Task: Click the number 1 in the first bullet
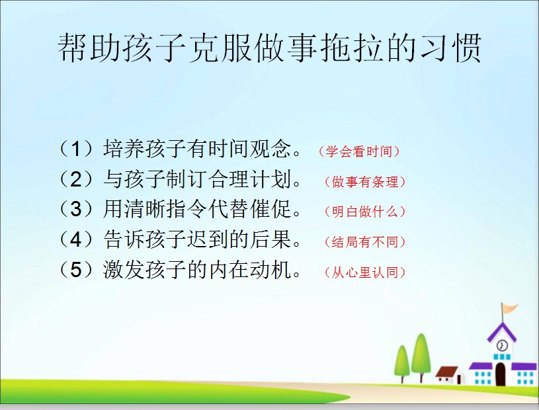tap(76, 149)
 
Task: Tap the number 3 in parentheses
tap(76, 209)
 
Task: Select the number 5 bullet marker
tap(76, 270)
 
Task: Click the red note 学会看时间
tap(359, 151)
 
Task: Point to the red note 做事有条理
tap(365, 181)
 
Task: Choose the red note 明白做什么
tap(365, 212)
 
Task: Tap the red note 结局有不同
tap(365, 242)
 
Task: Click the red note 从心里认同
tap(365, 272)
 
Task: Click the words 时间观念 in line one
tap(250, 149)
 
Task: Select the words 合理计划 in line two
tap(250, 179)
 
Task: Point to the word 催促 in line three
tap(271, 209)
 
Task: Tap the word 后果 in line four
tap(271, 239)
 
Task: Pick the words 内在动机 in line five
tap(250, 269)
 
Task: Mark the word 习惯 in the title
tap(450, 48)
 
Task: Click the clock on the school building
tap(502, 345)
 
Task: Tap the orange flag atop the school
tap(511, 307)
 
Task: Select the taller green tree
tap(421, 353)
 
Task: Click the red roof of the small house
tap(447, 372)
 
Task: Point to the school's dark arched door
tap(501, 374)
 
